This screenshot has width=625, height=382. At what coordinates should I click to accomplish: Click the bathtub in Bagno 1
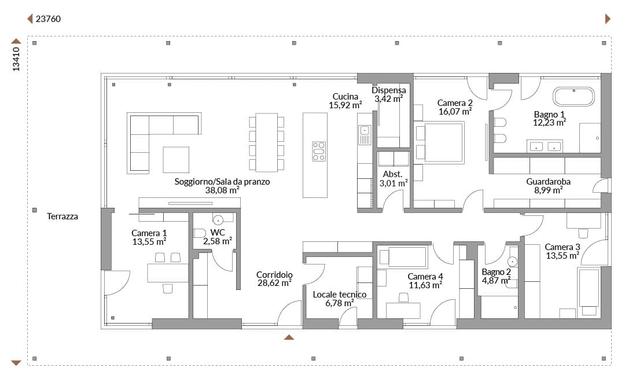[573, 97]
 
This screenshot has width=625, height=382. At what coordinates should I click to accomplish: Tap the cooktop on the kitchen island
[319, 151]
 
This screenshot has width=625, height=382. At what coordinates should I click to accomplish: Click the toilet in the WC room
[199, 233]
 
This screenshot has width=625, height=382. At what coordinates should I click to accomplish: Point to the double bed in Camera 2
[440, 142]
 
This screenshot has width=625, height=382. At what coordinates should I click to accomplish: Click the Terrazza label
[62, 216]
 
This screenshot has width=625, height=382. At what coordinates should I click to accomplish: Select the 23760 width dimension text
[48, 19]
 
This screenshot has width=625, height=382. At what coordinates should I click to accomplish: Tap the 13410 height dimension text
[16, 59]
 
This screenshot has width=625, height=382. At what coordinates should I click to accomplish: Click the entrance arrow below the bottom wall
[289, 337]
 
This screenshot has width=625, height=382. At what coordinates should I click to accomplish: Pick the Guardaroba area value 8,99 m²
[549, 190]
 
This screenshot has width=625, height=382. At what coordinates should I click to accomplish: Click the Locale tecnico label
[340, 294]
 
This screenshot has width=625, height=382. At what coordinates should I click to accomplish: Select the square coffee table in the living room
[176, 160]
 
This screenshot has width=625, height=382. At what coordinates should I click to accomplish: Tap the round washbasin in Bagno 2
[512, 262]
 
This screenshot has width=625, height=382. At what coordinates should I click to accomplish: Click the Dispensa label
[389, 90]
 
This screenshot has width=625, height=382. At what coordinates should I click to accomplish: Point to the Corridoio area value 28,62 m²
[274, 283]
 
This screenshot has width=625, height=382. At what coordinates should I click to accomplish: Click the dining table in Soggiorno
[267, 142]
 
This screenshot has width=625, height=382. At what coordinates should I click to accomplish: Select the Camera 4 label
[425, 276]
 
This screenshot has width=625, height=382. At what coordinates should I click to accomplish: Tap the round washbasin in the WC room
[218, 220]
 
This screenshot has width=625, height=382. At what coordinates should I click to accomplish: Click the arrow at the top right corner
[608, 19]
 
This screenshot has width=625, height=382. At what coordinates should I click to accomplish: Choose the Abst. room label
[392, 174]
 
